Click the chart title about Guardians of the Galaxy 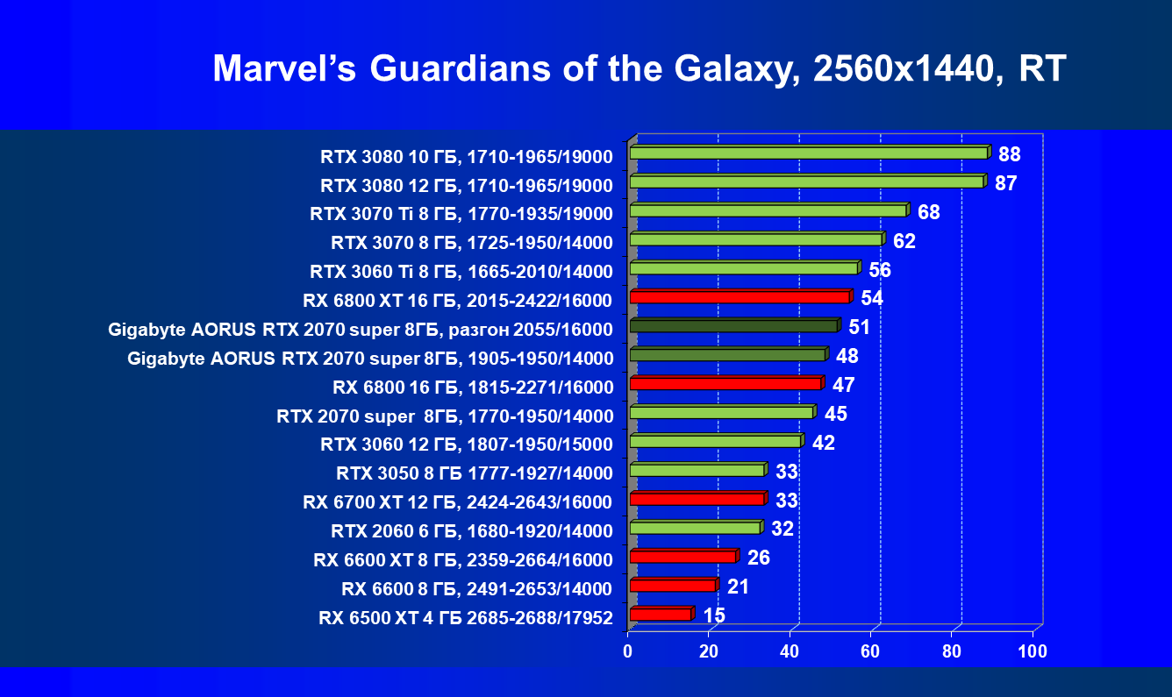pyautogui.click(x=639, y=68)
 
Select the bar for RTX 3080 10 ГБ pyautogui.click(x=809, y=153)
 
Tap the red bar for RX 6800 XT pyautogui.click(x=740, y=297)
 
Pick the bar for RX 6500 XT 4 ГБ pyautogui.click(x=661, y=615)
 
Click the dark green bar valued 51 pyautogui.click(x=733, y=326)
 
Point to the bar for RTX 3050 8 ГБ pyautogui.click(x=697, y=471)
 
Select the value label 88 pyautogui.click(x=1010, y=155)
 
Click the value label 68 pyautogui.click(x=929, y=212)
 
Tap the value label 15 pyautogui.click(x=715, y=615)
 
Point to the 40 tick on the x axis pyautogui.click(x=790, y=651)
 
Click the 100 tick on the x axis pyautogui.click(x=1032, y=651)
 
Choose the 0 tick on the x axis pyautogui.click(x=628, y=651)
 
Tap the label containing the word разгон pyautogui.click(x=361, y=330)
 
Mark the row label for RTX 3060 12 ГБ pyautogui.click(x=467, y=445)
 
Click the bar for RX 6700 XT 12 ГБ pyautogui.click(x=697, y=499)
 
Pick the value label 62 pyautogui.click(x=904, y=241)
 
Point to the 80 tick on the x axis pyautogui.click(x=951, y=651)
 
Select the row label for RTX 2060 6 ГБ pyautogui.click(x=472, y=531)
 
